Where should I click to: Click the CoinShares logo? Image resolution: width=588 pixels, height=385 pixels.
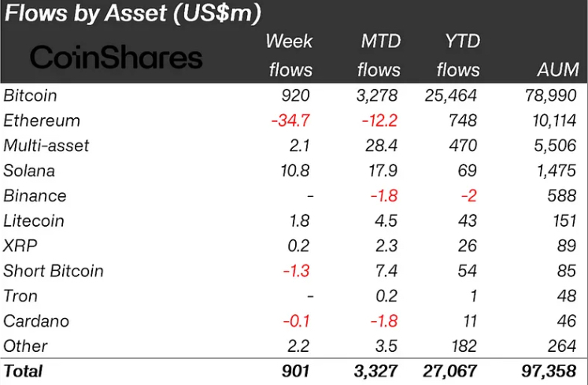(116, 57)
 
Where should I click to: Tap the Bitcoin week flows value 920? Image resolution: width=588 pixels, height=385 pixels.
(296, 95)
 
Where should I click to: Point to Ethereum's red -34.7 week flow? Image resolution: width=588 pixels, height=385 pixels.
(290, 120)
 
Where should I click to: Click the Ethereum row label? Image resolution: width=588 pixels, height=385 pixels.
(42, 120)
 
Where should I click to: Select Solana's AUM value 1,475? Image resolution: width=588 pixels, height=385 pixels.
(557, 171)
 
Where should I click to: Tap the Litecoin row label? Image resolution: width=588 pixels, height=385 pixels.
(34, 220)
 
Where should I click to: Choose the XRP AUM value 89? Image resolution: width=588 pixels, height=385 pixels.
(568, 246)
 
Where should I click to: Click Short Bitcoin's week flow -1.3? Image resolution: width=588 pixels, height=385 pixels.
(295, 271)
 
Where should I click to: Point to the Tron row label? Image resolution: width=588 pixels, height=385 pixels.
(20, 296)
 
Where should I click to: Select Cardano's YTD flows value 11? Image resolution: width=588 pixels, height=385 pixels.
(469, 321)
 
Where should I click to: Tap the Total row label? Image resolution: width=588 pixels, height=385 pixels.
(24, 370)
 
